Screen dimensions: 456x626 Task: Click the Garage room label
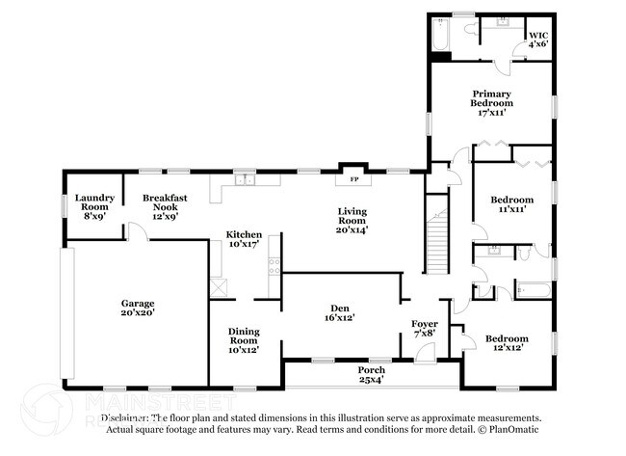click(137, 308)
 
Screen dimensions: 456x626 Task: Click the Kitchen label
click(244, 240)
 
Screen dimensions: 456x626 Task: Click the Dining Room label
click(244, 340)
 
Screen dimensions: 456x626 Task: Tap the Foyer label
click(424, 326)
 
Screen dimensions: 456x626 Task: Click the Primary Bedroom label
click(491, 101)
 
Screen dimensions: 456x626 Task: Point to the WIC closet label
click(536, 39)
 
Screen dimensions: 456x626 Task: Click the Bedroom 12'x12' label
click(507, 343)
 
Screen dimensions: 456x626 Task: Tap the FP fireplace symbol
click(353, 179)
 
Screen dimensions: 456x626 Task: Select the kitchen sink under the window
click(245, 179)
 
